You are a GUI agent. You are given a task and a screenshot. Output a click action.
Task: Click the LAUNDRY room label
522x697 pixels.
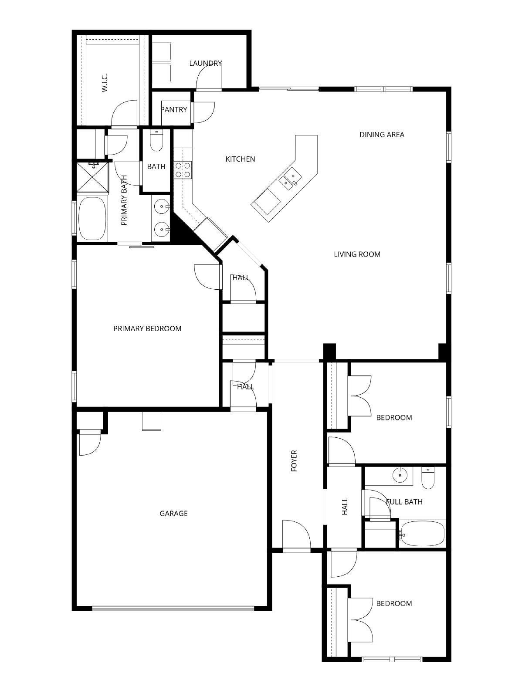[x=205, y=63]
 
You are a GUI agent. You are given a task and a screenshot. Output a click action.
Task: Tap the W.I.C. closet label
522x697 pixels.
[x=105, y=83]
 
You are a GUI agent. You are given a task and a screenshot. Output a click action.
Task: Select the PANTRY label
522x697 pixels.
[x=174, y=109]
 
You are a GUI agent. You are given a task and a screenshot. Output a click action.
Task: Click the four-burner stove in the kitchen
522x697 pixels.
[x=183, y=170]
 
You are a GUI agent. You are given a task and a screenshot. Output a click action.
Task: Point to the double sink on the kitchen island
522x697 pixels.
[x=289, y=179]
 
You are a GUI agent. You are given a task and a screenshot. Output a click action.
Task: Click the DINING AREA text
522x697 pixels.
[x=382, y=135]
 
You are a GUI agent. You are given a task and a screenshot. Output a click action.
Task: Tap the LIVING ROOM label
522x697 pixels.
[x=357, y=254]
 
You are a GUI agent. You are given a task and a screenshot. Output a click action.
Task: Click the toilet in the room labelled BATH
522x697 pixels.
[x=156, y=141]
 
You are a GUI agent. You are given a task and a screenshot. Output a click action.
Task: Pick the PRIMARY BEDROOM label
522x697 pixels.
[x=147, y=328]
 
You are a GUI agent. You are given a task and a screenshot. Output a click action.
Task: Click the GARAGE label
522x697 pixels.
[x=173, y=513]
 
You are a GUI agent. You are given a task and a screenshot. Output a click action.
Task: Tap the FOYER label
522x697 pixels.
[x=294, y=461]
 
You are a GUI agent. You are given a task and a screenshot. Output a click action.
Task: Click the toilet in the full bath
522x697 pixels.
[x=428, y=478]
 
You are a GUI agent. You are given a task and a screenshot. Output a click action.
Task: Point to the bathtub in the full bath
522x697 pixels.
[x=422, y=535]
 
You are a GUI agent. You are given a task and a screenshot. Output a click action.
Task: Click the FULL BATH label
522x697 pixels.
[x=404, y=502]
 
